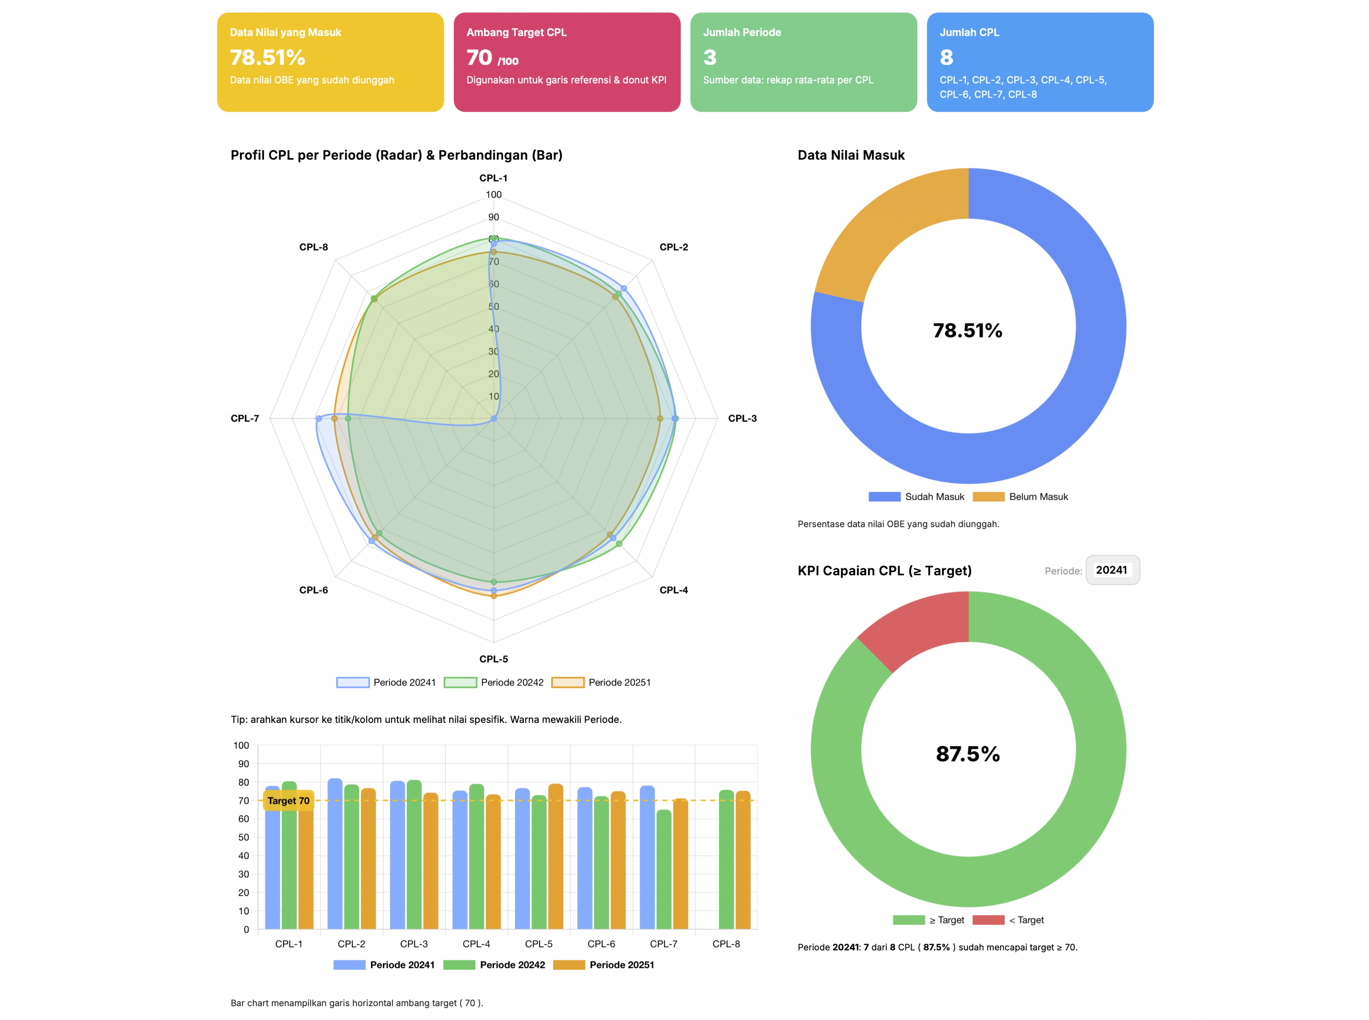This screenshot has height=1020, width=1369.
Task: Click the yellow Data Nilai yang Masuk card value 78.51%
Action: [x=267, y=57]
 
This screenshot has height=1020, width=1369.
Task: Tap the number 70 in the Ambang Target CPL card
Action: [x=479, y=57]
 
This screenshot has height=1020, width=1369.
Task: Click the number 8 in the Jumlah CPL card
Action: [x=946, y=57]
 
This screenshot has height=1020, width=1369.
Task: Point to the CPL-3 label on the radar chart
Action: [x=742, y=419]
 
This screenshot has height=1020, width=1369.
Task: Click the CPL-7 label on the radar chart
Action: [x=245, y=419]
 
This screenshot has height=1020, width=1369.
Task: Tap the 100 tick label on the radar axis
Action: [x=493, y=195]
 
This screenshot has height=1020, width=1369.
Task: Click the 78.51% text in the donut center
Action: [x=968, y=330]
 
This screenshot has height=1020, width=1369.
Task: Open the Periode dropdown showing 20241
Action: [x=1112, y=570]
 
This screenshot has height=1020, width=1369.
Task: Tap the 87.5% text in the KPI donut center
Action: [x=968, y=754]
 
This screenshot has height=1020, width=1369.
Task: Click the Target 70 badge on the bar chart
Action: [x=288, y=801]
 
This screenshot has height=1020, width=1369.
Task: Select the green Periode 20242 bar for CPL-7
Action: [x=664, y=870]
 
